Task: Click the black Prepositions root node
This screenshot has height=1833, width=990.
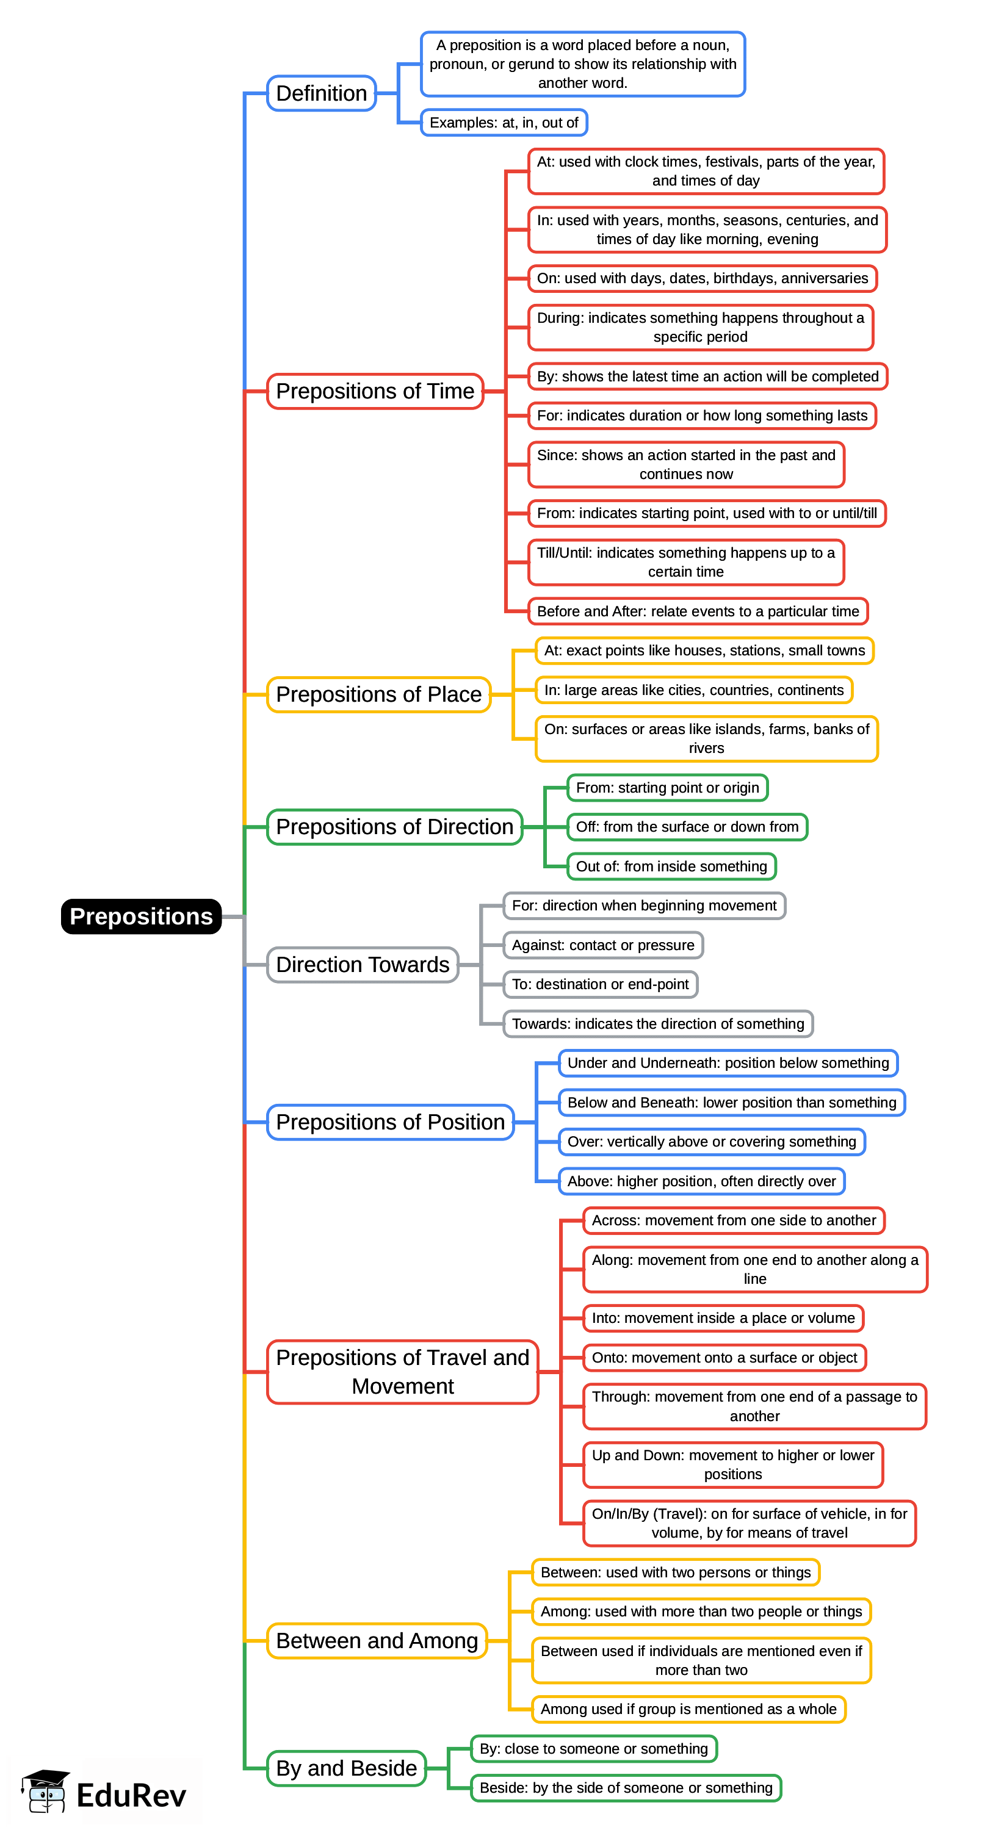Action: pyautogui.click(x=141, y=916)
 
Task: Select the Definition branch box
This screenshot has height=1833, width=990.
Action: pyautogui.click(x=321, y=93)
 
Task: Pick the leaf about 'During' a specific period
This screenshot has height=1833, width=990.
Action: pyautogui.click(x=699, y=327)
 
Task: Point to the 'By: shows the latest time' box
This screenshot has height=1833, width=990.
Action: pyautogui.click(x=707, y=376)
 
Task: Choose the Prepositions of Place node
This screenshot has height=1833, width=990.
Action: pyautogui.click(x=378, y=694)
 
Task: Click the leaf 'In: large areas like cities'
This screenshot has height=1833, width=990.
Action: pyautogui.click(x=693, y=690)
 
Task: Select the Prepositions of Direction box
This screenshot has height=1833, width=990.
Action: pyautogui.click(x=394, y=826)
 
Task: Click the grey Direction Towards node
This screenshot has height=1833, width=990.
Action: pyautogui.click(x=363, y=964)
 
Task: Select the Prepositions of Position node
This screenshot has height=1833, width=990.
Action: pyautogui.click(x=390, y=1122)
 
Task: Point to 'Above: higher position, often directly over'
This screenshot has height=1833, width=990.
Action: pyautogui.click(x=701, y=1181)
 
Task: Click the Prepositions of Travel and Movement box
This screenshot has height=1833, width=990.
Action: pyautogui.click(x=402, y=1371)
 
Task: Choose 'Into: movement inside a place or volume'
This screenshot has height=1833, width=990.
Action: pyautogui.click(x=723, y=1318)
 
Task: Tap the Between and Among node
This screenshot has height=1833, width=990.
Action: pyautogui.click(x=377, y=1640)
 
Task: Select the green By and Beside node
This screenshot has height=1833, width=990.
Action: pyautogui.click(x=346, y=1768)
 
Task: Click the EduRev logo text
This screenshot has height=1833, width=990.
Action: pyautogui.click(x=131, y=1795)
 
